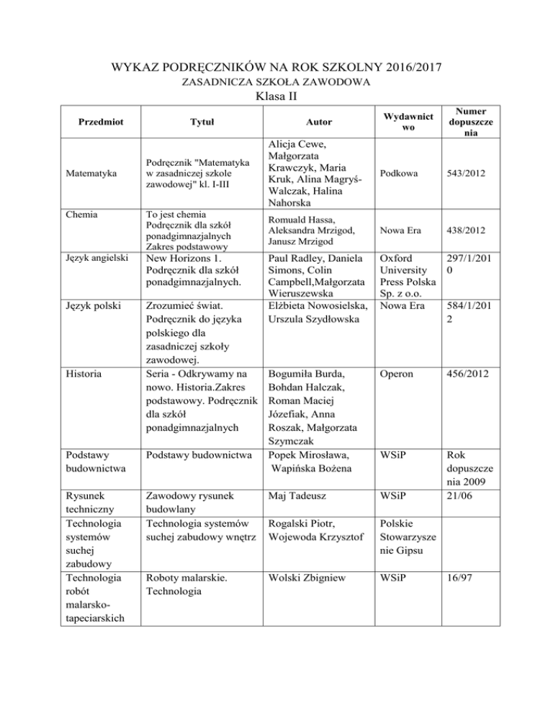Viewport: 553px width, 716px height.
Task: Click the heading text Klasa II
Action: pyautogui.click(x=276, y=95)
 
